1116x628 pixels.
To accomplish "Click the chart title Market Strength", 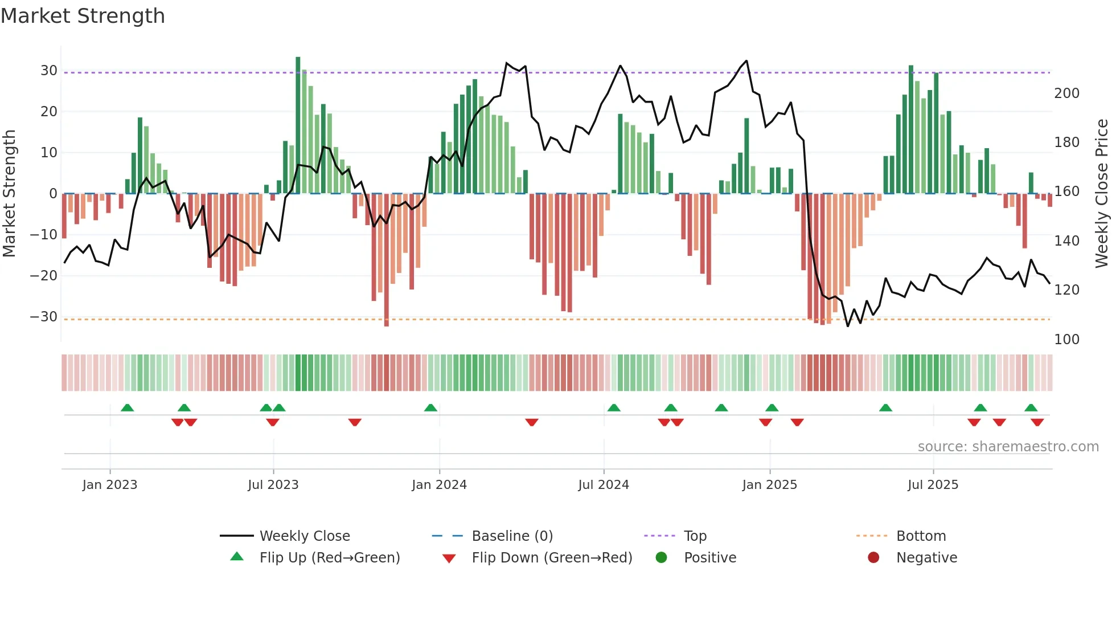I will [x=83, y=16].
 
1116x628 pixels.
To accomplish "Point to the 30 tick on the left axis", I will [x=48, y=71].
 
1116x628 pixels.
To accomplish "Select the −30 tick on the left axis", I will [x=44, y=317].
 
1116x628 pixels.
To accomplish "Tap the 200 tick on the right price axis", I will [x=1066, y=93].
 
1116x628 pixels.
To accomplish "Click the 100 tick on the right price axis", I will [x=1066, y=340].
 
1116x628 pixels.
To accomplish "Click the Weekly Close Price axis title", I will [x=1102, y=194].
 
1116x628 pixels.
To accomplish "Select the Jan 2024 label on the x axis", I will [x=439, y=485].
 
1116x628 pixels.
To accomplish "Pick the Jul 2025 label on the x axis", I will [x=933, y=485].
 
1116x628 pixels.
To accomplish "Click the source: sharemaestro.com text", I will [x=1008, y=447].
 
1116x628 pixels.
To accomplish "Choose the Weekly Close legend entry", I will [x=304, y=536].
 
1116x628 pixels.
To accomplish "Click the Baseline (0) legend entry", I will [x=512, y=536].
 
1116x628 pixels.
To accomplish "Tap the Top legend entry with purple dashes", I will [x=695, y=536].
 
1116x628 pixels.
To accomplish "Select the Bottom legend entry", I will [x=921, y=536].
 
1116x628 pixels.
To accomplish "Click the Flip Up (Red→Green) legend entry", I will [x=329, y=558].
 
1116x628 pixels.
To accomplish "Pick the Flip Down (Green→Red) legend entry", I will [x=551, y=558].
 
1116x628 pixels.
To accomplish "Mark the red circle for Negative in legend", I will [x=873, y=558].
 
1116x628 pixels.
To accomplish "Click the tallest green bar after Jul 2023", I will [x=298, y=125].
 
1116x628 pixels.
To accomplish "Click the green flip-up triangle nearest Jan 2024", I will [x=430, y=408].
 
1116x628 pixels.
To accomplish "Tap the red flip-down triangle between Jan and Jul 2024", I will [x=532, y=422].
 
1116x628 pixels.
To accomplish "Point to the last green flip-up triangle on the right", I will [x=1031, y=408].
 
